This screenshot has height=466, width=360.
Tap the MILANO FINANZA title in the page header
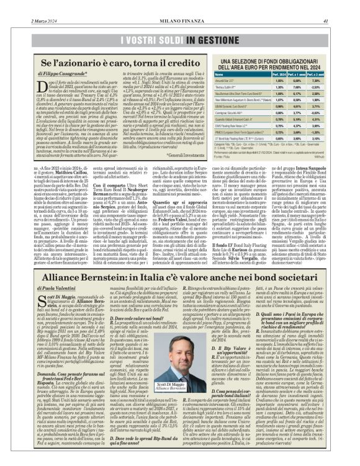pos(180,4)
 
